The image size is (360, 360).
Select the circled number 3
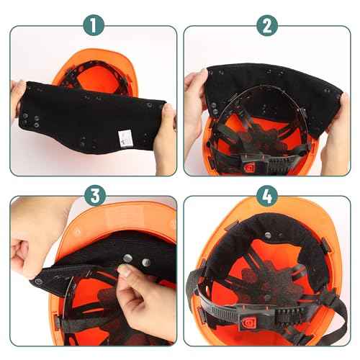(x=94, y=195)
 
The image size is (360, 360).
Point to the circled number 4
(x=268, y=195)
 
